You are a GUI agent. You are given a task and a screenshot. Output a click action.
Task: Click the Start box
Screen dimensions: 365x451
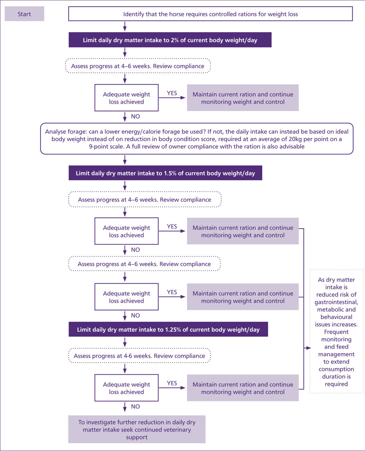(24, 14)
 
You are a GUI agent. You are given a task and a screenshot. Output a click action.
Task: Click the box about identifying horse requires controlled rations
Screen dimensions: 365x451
(211, 14)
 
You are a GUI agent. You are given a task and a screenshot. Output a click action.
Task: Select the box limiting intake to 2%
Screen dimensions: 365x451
(170, 40)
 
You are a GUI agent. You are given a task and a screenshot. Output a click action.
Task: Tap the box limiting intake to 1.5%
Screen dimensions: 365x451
(165, 173)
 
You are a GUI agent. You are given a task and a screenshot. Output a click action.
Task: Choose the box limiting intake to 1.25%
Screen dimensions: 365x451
(168, 329)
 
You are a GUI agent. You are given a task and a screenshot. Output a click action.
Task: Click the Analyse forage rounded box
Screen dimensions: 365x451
(197, 139)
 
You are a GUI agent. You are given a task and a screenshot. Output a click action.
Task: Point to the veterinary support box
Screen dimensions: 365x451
(137, 429)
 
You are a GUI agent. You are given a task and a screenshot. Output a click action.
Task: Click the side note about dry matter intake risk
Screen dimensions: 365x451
(336, 331)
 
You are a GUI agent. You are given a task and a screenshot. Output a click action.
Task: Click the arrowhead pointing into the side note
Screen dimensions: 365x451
(309, 348)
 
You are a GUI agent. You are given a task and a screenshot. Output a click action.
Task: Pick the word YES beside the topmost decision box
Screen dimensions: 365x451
(172, 93)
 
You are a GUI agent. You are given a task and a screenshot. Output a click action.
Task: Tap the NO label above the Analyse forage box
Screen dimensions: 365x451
(136, 116)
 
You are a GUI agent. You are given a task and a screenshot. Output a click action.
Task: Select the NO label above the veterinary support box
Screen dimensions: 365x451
(136, 407)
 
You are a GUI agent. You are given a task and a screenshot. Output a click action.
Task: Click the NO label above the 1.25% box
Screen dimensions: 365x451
(136, 315)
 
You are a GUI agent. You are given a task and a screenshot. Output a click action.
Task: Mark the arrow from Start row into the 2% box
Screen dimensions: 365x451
(125, 27)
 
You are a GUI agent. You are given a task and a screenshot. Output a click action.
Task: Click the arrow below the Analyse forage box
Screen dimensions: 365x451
(125, 160)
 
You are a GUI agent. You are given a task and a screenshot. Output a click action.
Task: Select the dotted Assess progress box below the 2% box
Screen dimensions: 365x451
(138, 66)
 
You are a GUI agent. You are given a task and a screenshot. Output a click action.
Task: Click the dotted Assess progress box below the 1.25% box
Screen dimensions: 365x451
(140, 356)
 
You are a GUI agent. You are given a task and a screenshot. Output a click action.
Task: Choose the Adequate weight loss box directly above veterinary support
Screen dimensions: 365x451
(126, 388)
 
